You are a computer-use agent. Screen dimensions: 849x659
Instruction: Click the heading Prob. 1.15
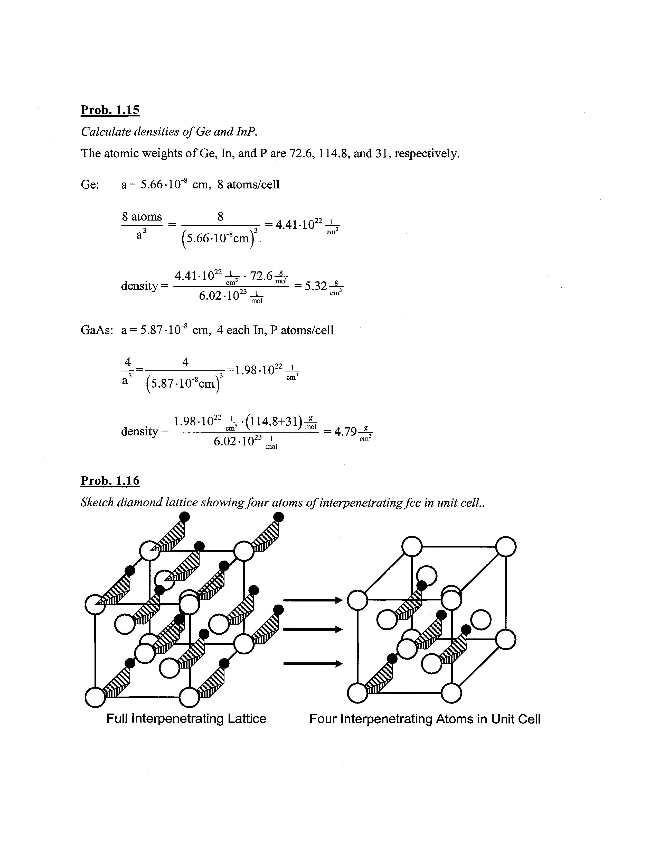[x=110, y=110]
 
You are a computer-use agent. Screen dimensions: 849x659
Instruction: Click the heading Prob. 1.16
[x=110, y=481]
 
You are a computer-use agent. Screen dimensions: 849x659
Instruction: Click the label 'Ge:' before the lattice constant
[x=90, y=184]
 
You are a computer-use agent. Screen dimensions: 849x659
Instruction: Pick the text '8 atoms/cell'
[x=248, y=184]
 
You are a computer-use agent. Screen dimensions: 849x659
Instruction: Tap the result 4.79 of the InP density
[x=345, y=432]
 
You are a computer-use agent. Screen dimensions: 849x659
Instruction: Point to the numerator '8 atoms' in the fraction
[x=142, y=216]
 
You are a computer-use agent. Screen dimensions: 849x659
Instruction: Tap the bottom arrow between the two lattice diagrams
[x=313, y=664]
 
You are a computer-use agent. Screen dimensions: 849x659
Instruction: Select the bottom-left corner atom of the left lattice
[x=95, y=697]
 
